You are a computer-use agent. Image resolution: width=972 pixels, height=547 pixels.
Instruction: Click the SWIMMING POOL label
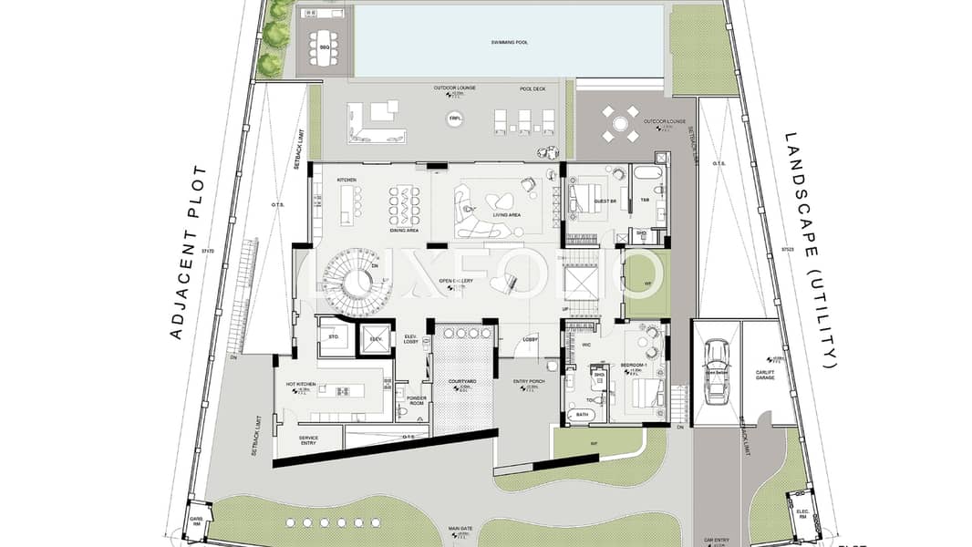[x=509, y=43]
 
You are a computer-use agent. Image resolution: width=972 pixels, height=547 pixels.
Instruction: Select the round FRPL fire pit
[x=454, y=119]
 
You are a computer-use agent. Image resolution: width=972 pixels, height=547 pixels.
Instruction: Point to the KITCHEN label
[x=346, y=180]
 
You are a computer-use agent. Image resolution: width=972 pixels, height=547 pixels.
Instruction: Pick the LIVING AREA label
[x=506, y=215]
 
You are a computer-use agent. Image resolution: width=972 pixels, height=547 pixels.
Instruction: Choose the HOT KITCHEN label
[x=301, y=385]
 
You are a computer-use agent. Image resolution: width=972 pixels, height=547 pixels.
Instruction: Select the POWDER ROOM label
[x=417, y=400]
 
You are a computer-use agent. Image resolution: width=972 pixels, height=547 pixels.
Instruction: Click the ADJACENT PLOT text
[x=188, y=253]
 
